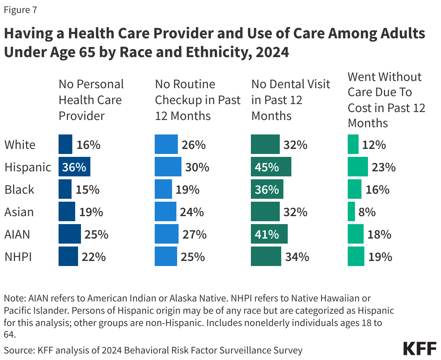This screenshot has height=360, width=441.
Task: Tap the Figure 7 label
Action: [20, 10]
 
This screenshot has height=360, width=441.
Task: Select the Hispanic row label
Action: [27, 167]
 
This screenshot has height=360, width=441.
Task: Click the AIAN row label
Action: [17, 234]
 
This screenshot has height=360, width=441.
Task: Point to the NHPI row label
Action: [18, 257]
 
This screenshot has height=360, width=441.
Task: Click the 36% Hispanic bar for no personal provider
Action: [74, 167]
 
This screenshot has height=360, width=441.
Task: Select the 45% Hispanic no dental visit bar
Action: [271, 167]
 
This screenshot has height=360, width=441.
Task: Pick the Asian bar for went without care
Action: [351, 212]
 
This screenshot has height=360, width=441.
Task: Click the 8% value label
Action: [367, 212]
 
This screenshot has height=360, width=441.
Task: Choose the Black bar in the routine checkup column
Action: [163, 189]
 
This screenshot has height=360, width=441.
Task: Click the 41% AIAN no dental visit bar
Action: [269, 234]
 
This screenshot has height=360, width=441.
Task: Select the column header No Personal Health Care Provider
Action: [91, 100]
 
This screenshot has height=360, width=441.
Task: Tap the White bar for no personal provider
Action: [65, 145]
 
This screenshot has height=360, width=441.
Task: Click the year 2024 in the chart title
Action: [271, 52]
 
